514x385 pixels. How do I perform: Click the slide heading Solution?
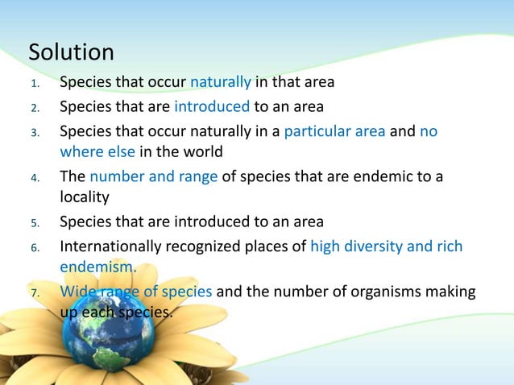pos(71,52)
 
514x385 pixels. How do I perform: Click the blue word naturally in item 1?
pos(222,83)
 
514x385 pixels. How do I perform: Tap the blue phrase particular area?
pos(334,130)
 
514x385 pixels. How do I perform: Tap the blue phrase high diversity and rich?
pos(386,246)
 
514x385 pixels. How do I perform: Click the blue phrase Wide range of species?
pos(136,291)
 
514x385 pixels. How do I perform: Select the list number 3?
pos(35,131)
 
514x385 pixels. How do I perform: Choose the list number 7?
pos(35,292)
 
